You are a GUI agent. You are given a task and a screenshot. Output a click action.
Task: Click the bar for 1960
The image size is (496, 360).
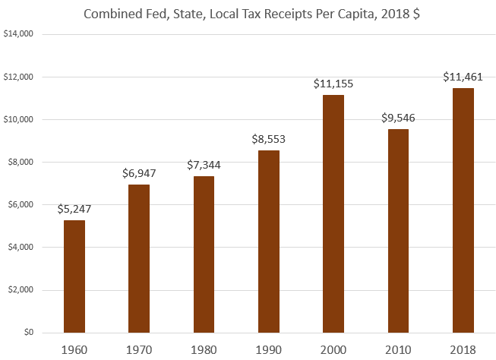74,276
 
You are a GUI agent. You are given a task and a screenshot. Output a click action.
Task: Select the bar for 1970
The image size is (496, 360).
138,258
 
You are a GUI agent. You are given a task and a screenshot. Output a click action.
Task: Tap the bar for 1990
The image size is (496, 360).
268,242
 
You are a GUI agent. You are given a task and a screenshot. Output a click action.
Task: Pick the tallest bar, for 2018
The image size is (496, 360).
463,210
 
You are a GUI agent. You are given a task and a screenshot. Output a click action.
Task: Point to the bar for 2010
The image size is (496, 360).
398,231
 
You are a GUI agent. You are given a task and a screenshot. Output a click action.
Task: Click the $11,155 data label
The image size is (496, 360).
333,84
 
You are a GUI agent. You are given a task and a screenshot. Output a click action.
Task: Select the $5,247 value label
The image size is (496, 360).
74,209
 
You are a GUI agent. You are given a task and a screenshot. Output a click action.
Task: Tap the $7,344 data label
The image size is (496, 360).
204,165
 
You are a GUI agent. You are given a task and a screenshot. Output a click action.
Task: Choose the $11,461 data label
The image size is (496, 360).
463,77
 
